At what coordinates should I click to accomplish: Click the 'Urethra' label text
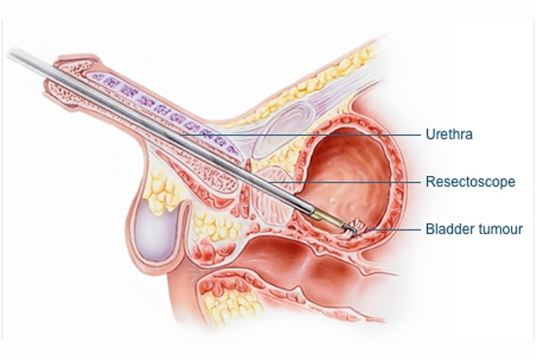click(x=448, y=134)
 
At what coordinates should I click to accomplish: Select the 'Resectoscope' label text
click(x=470, y=181)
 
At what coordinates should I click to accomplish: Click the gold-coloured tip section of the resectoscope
click(x=326, y=218)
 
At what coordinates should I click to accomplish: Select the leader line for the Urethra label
click(x=301, y=135)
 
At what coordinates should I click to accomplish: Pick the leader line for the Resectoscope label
click(x=345, y=182)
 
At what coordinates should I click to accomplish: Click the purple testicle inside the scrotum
click(x=155, y=232)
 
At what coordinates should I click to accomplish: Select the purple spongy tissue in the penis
click(x=164, y=109)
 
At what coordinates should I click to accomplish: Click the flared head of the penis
click(x=73, y=80)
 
